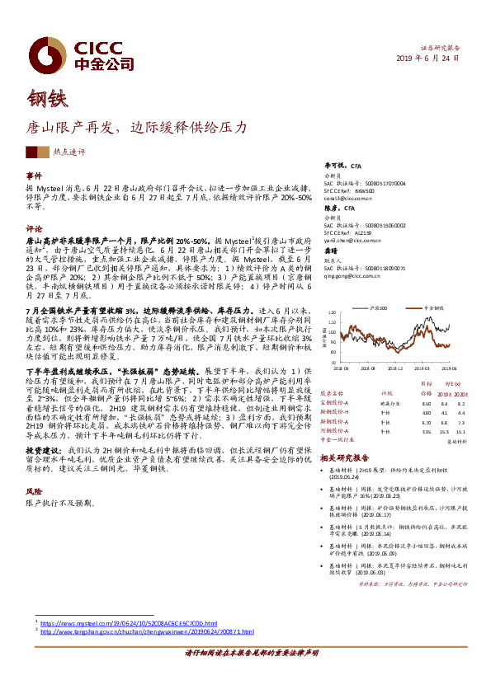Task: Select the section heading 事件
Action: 34,176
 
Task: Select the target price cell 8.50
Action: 426,404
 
